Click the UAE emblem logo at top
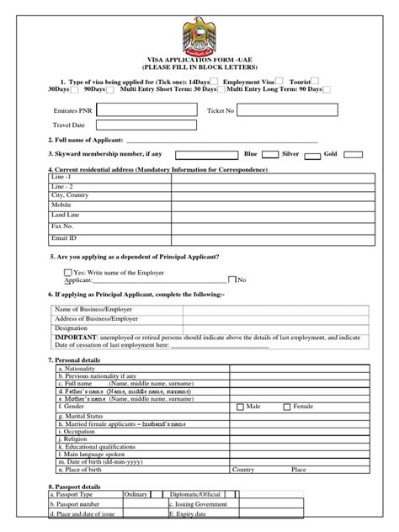199,37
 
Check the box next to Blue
270,155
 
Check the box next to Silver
311,155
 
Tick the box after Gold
354,155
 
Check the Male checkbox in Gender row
240,406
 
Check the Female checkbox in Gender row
288,406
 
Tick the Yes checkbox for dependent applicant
68,272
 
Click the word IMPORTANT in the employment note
75,338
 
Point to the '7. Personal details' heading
75,359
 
